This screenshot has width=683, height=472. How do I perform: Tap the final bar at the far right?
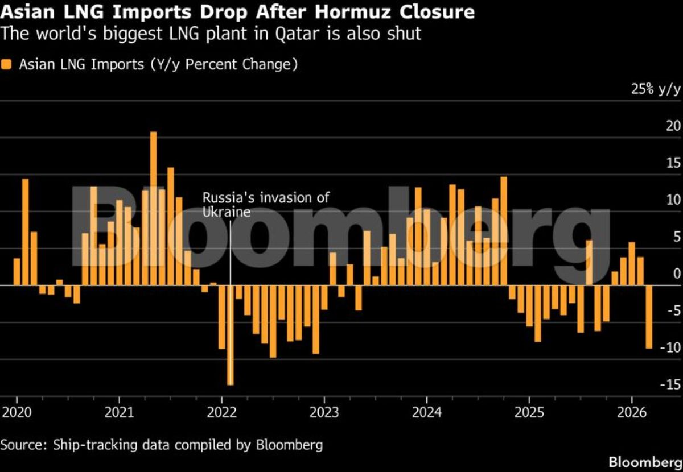coord(648,317)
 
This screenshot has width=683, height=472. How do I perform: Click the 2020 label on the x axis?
coord(17,412)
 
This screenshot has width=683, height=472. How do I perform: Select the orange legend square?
coord(7,64)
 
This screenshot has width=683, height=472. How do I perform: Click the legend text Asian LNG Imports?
coord(82,64)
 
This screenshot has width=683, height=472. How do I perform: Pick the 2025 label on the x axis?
coord(529,412)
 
